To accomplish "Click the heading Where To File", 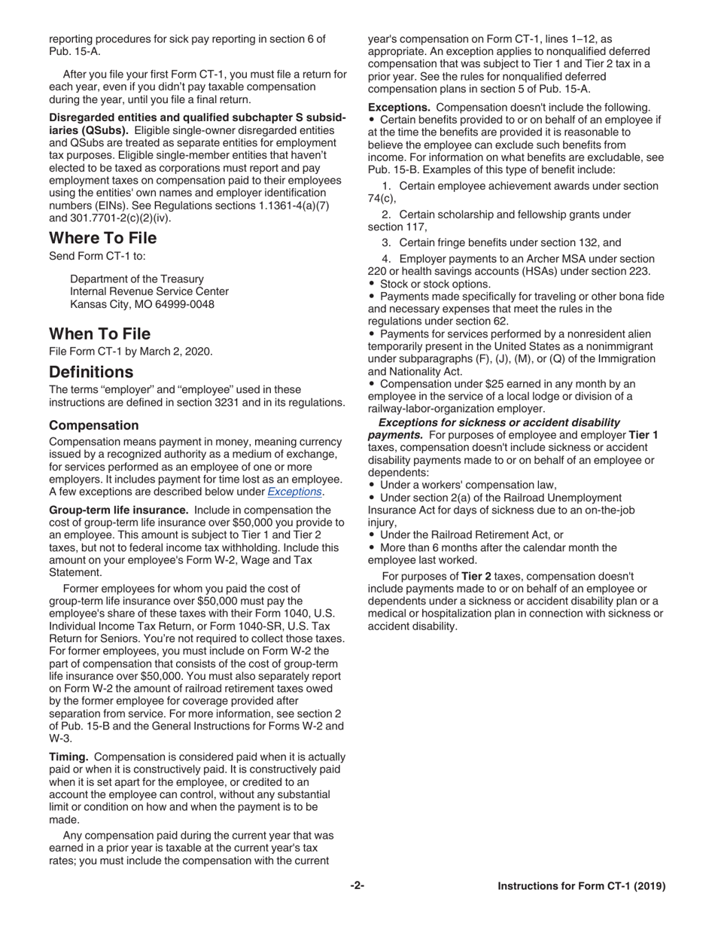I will coord(103,238).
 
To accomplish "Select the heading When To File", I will coord(99,334).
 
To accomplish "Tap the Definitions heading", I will coord(91,372).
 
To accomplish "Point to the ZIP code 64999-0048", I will coord(186,304).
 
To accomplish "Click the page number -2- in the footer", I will coord(357,886).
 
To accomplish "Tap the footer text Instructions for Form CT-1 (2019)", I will coord(581,886).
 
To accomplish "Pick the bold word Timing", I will coord(69,757).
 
